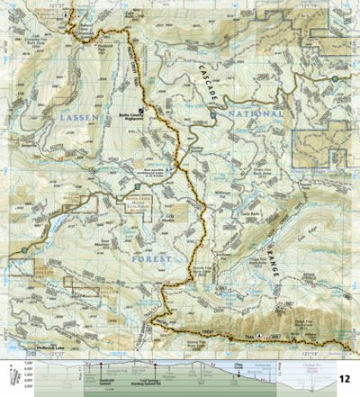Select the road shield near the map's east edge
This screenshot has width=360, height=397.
coord(335,79)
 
